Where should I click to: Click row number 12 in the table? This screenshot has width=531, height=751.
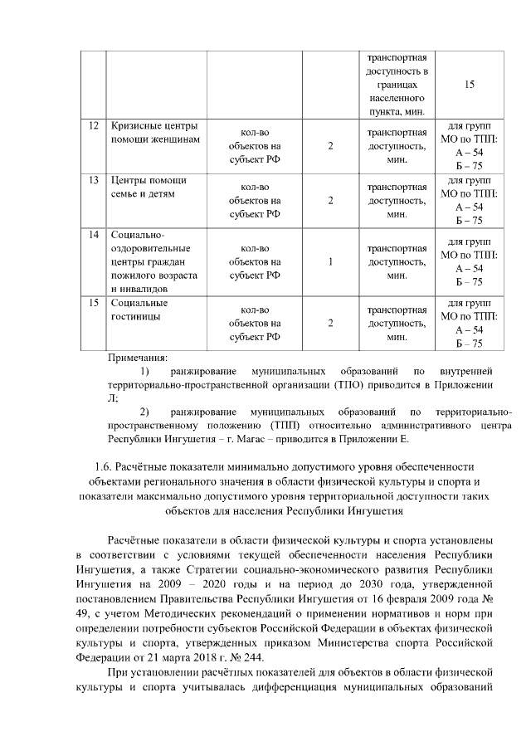tap(94, 126)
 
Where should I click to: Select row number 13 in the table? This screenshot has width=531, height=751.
tap(94, 180)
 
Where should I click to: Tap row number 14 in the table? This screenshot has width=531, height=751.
tap(94, 235)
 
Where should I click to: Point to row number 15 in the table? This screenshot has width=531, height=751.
tap(94, 302)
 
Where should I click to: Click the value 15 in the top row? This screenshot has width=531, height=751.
tap(470, 85)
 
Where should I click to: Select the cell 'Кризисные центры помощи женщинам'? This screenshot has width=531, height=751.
tap(154, 133)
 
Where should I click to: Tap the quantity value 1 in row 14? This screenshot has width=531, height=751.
tap(330, 261)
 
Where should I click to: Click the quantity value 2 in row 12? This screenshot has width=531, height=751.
tap(330, 146)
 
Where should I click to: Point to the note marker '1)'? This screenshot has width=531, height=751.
tap(145, 371)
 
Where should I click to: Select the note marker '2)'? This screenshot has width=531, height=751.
tap(145, 411)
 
